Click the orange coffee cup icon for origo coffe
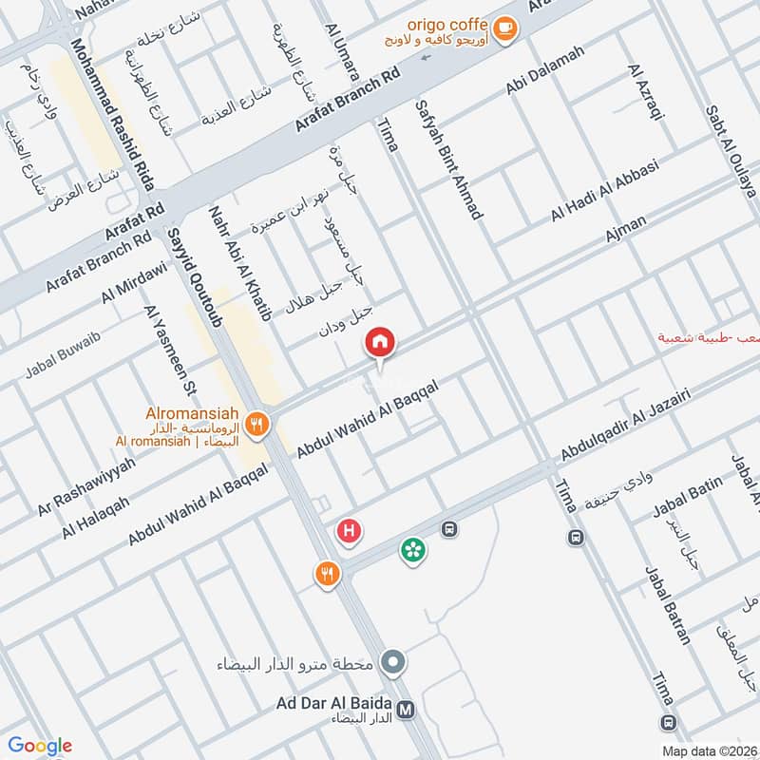click(x=505, y=29)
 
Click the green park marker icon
click(x=413, y=549)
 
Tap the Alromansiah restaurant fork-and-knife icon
click(x=256, y=425)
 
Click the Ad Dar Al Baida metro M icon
click(x=406, y=709)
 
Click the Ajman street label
click(x=625, y=228)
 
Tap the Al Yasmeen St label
click(x=169, y=349)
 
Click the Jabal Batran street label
click(x=668, y=605)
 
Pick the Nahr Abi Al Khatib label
click(x=239, y=262)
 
